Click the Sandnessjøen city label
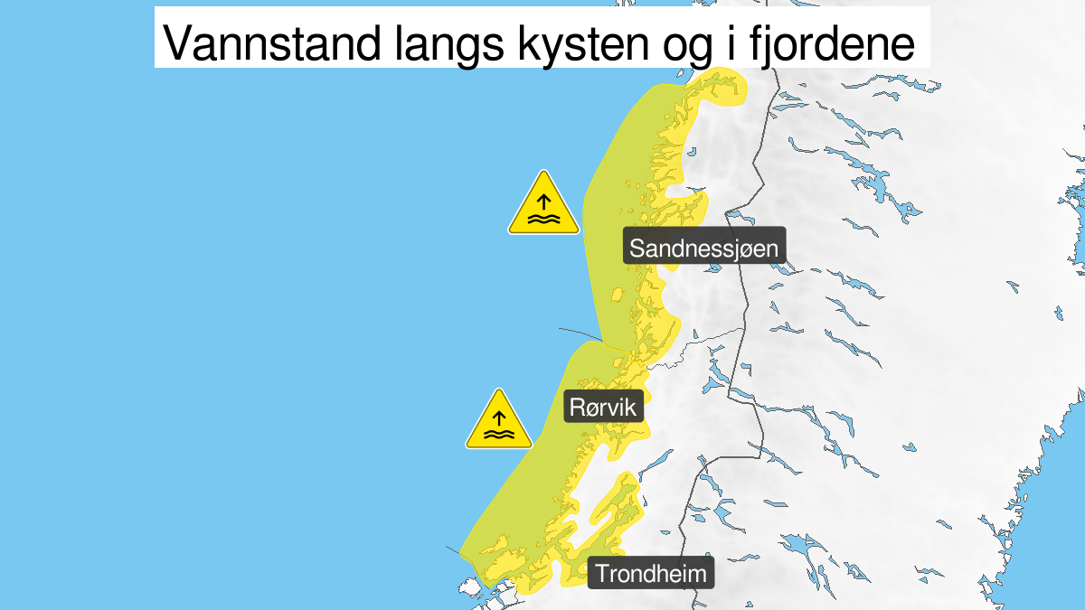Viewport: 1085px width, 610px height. [704, 249]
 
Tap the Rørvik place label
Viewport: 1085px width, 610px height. [603, 407]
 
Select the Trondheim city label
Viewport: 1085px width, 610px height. [651, 573]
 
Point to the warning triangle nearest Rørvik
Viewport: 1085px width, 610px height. [499, 422]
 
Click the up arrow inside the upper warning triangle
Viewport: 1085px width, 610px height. [542, 201]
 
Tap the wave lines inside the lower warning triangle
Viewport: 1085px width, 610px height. [499, 435]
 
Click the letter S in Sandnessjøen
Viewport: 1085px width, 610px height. [637, 249]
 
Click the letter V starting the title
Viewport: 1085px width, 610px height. [175, 42]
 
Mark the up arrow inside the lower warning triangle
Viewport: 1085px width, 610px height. [499, 418]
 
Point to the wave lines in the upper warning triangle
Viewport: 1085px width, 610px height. [542, 219]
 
